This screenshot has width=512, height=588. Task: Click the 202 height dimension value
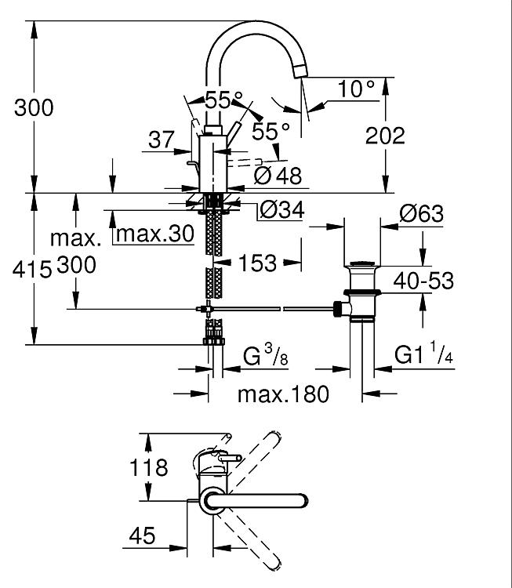(385, 136)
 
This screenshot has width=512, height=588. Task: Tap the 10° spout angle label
(356, 89)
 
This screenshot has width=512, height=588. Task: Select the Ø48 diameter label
(278, 175)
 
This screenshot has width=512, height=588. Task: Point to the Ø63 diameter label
(422, 213)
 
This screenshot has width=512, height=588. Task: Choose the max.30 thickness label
(155, 234)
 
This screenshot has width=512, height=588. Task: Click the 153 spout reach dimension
(257, 263)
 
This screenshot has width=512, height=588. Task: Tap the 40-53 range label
(423, 281)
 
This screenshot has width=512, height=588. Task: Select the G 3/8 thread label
(266, 354)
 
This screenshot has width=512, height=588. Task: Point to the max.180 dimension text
(283, 394)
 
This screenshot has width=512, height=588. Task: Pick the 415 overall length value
(32, 269)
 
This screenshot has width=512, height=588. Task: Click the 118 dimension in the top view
(148, 467)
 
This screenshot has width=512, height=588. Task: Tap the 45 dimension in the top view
(142, 535)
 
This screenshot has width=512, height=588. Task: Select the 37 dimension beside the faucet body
(162, 139)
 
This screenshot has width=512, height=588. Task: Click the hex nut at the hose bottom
(214, 341)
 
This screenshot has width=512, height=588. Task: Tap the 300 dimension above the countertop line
(34, 107)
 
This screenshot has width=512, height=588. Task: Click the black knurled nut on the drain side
(339, 309)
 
